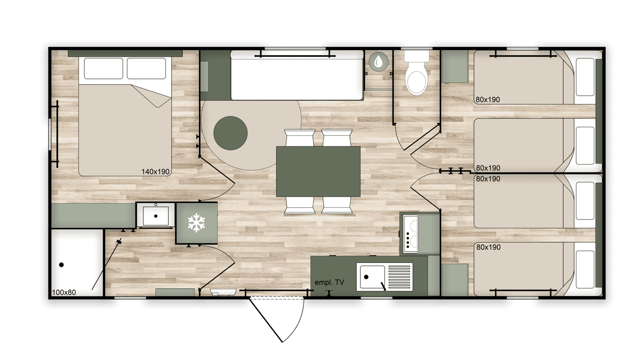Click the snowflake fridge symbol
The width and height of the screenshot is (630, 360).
coord(196,223)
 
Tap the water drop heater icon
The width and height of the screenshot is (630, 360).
coord(378,61)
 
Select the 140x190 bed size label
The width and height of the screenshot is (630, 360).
coord(156,172)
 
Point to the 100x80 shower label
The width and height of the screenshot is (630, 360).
coord(64,292)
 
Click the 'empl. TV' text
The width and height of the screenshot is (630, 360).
coord(329,282)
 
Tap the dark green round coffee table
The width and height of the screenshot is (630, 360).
coord(230,133)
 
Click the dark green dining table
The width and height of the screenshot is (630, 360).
coord(318,171)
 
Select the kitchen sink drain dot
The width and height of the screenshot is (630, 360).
coord(366,277)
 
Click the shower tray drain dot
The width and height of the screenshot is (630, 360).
coord(61,265)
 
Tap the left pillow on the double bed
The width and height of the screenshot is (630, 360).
coord(104,69)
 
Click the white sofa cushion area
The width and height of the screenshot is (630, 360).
coord(297,79)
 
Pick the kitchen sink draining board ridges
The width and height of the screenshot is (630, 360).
coord(399,277)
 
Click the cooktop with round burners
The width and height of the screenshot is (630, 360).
coord(410,234)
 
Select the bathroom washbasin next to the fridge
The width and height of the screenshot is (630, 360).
coord(156,215)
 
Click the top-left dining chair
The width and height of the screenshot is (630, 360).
coord(300,137)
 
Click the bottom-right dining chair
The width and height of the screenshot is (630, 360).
coord(337,205)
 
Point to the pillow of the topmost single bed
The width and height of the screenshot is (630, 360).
coord(585,77)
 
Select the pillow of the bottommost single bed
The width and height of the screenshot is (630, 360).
coord(585,269)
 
